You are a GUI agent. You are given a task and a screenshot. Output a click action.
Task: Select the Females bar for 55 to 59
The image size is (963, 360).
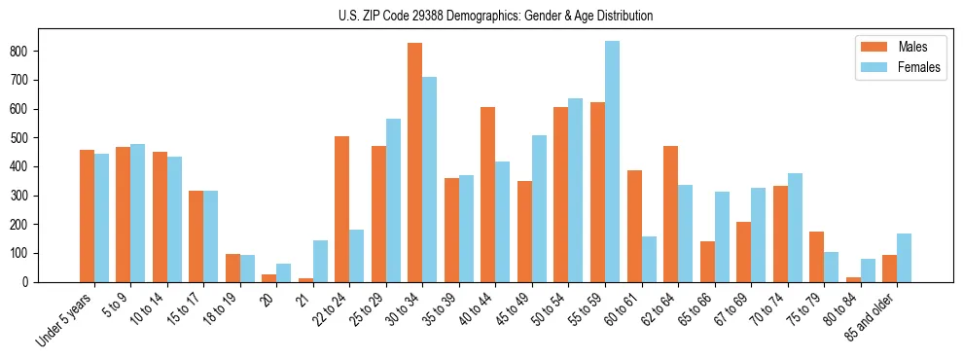(x=612, y=162)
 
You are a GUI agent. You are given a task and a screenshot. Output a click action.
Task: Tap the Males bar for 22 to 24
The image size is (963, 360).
(x=342, y=209)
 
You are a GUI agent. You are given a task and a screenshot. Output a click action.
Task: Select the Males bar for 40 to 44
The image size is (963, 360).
(x=488, y=195)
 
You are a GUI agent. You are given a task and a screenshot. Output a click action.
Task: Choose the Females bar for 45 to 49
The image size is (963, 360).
(x=539, y=208)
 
